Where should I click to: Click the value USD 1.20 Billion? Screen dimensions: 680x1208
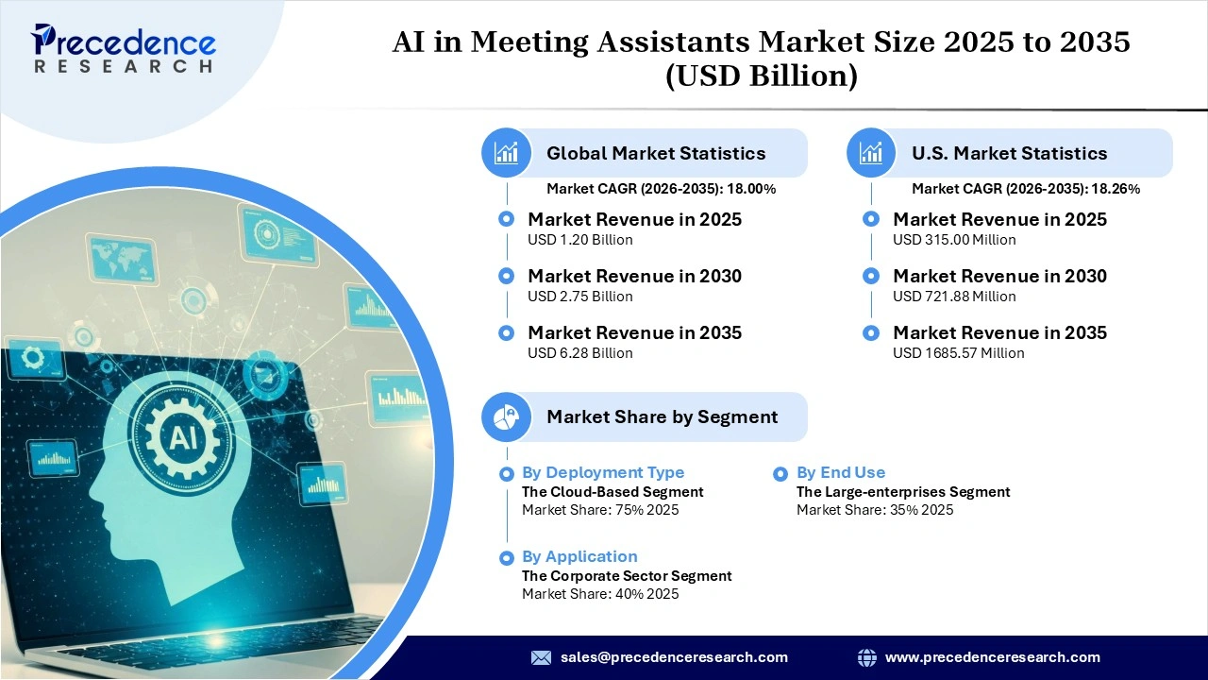579,240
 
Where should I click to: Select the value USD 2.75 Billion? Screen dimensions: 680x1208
579,297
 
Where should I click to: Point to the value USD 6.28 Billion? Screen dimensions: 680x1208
579,353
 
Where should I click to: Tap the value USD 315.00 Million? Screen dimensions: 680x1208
954,240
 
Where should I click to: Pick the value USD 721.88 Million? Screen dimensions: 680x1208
954,297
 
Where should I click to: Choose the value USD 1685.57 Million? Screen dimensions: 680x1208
958,353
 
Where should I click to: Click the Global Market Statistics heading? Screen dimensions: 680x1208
656,153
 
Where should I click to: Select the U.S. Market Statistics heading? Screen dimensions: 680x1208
1009,153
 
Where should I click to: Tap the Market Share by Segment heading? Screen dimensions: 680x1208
662,416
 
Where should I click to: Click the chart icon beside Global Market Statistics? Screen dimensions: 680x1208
507,153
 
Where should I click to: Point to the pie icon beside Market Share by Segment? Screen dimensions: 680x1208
507,416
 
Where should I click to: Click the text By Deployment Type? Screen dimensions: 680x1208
603,472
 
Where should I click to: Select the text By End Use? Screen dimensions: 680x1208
840,472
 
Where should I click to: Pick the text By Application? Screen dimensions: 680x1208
579,556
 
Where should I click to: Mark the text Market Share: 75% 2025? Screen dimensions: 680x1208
600,510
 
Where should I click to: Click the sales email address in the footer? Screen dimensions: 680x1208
674,657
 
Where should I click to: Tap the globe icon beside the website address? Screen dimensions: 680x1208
866,657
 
